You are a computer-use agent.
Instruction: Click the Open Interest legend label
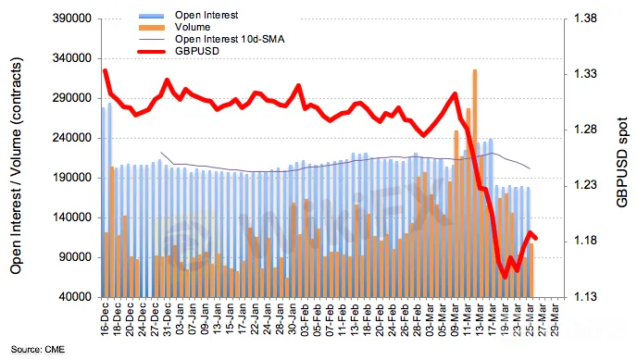tap(206, 15)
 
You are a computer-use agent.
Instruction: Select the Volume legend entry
tap(193, 27)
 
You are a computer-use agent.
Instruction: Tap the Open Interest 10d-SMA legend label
tap(230, 40)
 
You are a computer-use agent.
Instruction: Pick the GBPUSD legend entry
tap(197, 52)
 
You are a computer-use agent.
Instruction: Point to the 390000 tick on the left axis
tap(72, 19)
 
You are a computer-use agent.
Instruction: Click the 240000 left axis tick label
tap(72, 138)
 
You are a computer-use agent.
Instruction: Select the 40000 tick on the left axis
tap(75, 297)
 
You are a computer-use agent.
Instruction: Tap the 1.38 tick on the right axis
tap(585, 19)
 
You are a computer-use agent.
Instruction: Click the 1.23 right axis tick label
tap(585, 185)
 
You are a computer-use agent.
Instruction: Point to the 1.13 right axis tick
tap(585, 297)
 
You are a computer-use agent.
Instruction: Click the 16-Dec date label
tap(105, 320)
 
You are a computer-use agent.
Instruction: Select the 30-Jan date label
tap(292, 320)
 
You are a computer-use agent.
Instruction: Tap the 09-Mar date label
tap(455, 320)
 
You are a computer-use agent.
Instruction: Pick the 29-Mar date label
tap(555, 320)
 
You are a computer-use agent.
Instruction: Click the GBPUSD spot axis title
tap(622, 162)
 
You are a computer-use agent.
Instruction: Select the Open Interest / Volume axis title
tap(16, 166)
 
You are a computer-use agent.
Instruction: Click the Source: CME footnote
tap(37, 350)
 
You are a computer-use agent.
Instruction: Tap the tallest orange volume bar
tap(474, 183)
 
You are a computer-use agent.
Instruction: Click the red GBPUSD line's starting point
tap(106, 70)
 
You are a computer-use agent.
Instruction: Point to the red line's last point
tap(536, 238)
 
